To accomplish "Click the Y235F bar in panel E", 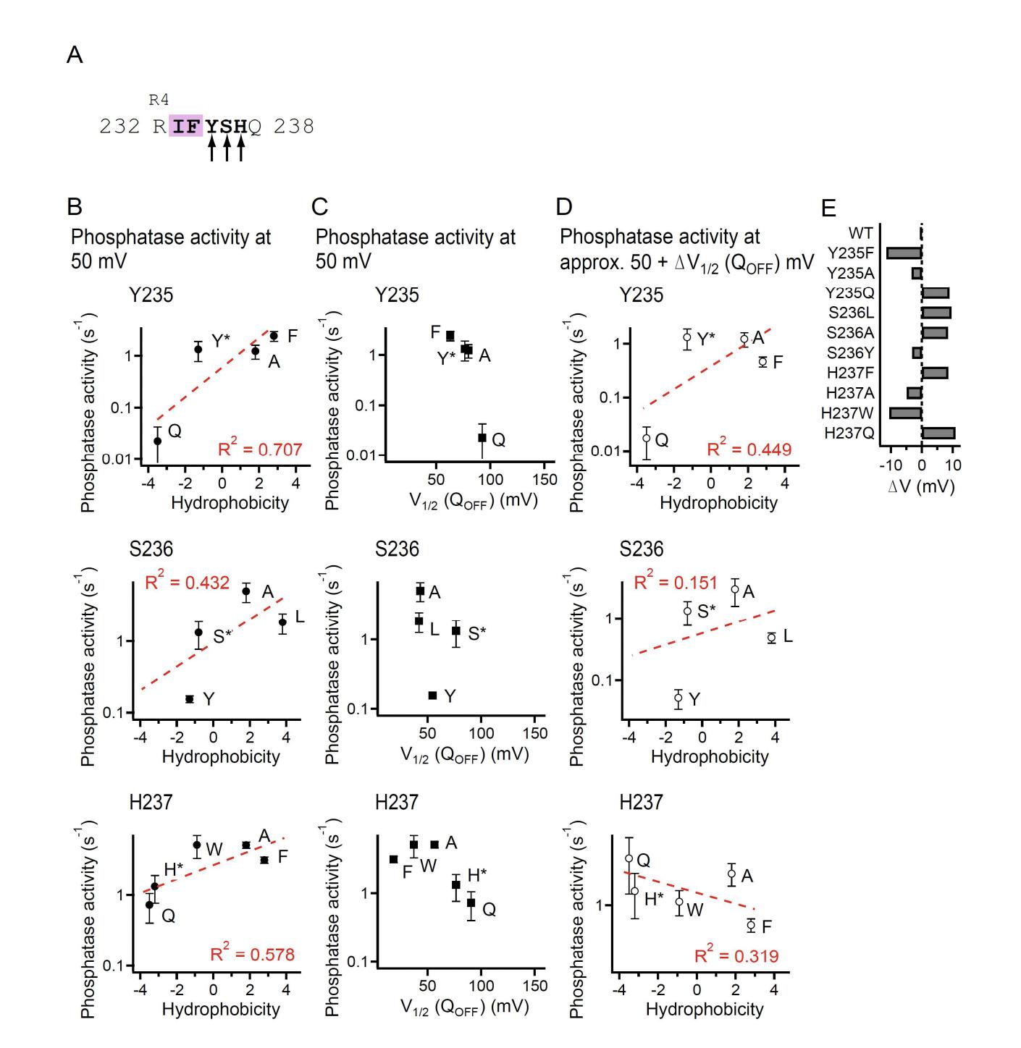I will [904, 253].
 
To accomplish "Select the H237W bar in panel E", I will [905, 413].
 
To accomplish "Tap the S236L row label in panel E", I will [851, 313].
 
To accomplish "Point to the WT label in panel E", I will [860, 233].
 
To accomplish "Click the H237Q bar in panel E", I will [938, 433].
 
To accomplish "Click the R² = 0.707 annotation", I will [260, 449].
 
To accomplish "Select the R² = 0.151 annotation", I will [676, 583].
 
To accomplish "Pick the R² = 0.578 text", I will [253, 955].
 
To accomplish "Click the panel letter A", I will [74, 54].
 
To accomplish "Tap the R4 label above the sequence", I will [159, 100].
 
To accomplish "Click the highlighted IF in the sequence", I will [185, 127].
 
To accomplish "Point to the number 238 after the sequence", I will [294, 127].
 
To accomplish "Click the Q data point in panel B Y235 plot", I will [157, 441].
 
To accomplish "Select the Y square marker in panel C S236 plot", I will [432, 696].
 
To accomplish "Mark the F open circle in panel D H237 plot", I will [751, 925].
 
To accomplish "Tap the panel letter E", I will [828, 208].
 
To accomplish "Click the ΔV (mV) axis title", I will [921, 486].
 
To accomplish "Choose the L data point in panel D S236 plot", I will [771, 638].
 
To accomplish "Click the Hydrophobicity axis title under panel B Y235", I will [230, 503].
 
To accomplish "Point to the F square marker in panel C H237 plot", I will [393, 859].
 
